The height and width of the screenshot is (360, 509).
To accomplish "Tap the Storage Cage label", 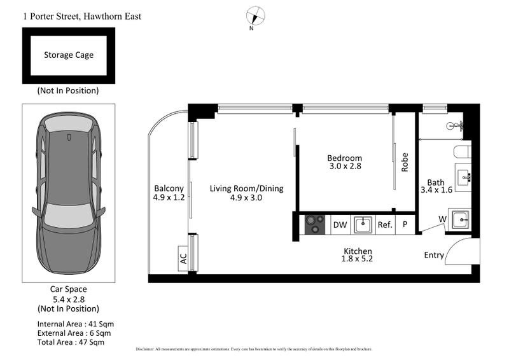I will pos(69,55).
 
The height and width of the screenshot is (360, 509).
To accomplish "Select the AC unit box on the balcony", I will pos(183,260).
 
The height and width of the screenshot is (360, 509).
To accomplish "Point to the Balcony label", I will pos(169,188).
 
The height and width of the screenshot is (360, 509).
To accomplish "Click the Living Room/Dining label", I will pos(247,188).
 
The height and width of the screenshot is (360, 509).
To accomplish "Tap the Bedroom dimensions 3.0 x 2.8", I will pos(344,167).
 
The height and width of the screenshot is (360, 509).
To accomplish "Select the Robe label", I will pos(405,162).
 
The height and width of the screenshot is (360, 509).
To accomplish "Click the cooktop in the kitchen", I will pos(314,225).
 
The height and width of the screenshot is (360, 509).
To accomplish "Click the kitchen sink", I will pos(363,225).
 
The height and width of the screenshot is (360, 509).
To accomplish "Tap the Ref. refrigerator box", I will pos(385,225).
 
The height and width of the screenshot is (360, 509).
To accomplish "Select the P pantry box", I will pos(405,225).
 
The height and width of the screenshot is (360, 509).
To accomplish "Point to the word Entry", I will pos(434,255).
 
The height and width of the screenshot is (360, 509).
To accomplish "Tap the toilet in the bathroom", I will pos(463,151).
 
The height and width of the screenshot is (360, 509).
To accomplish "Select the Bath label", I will pos(435,183).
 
